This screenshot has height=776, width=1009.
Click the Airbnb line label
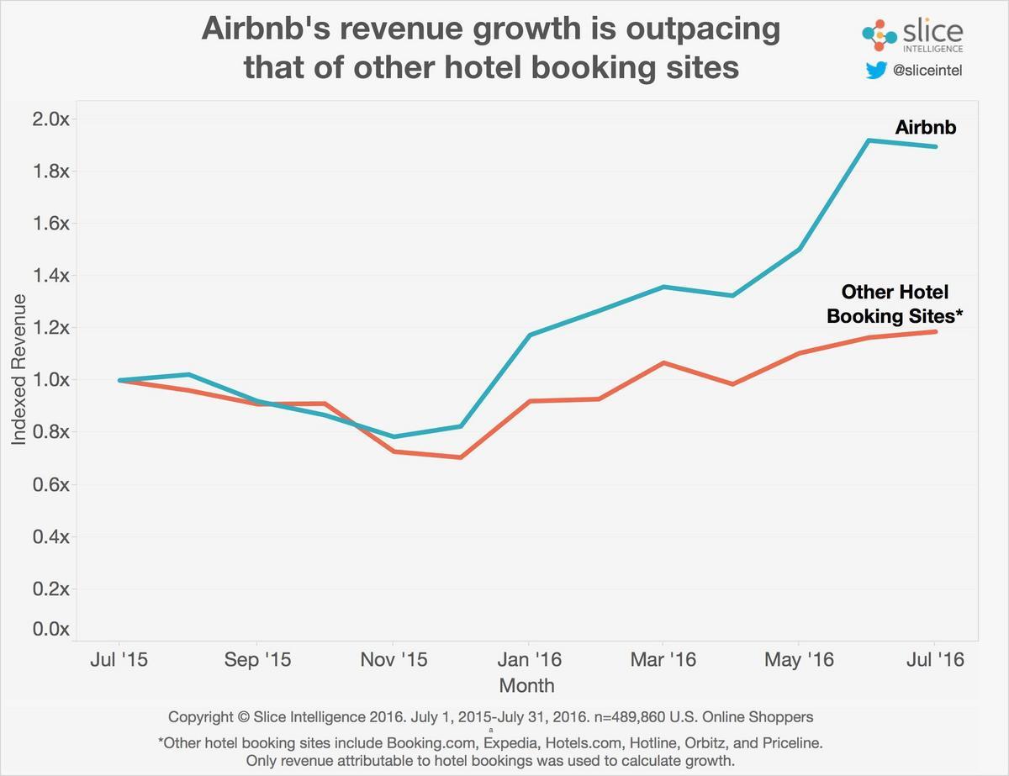(x=926, y=128)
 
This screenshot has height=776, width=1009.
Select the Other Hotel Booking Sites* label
(x=895, y=304)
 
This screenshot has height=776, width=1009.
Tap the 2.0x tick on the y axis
(x=50, y=119)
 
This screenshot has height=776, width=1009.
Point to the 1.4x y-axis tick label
(x=50, y=275)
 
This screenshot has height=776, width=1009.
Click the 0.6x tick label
(x=50, y=484)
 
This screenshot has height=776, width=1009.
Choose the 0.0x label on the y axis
(x=50, y=629)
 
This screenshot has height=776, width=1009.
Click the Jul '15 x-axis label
(x=119, y=659)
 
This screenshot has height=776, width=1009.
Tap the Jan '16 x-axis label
(x=528, y=659)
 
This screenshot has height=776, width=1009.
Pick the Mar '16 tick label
(x=663, y=659)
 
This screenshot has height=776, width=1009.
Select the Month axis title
(x=526, y=685)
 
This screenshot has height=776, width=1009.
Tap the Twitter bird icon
(x=875, y=71)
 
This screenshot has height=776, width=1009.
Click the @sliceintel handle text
(x=927, y=71)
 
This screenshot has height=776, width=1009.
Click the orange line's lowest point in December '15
(x=460, y=457)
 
